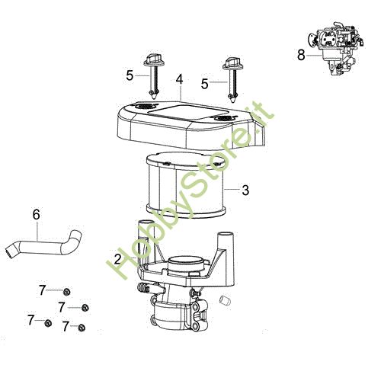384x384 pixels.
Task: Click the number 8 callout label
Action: coord(301,54)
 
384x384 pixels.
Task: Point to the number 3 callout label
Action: coord(245,190)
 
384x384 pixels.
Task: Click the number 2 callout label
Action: coord(117,259)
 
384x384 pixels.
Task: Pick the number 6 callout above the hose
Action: coord(35,215)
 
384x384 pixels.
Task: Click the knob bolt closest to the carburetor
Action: coord(230,77)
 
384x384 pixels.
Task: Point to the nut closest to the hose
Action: coord(67,291)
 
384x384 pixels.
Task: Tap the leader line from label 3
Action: coord(232,189)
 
